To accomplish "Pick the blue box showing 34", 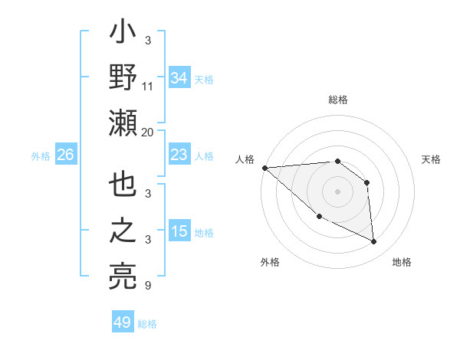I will click(179, 77).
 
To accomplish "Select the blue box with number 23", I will click(179, 155).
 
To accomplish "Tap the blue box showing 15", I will click(179, 231).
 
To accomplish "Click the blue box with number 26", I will click(65, 155).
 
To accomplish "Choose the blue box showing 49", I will click(122, 322).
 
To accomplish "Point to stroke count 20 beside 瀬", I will click(148, 132).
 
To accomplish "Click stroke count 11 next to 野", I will click(148, 87).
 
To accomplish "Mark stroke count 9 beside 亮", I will click(148, 286).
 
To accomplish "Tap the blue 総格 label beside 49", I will click(147, 324).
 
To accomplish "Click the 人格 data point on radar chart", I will click(264, 167).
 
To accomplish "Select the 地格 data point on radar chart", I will click(374, 242).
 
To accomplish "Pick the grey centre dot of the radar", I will click(337, 191).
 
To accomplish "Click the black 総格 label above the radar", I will click(337, 100).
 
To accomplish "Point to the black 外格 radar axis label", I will click(270, 263).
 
